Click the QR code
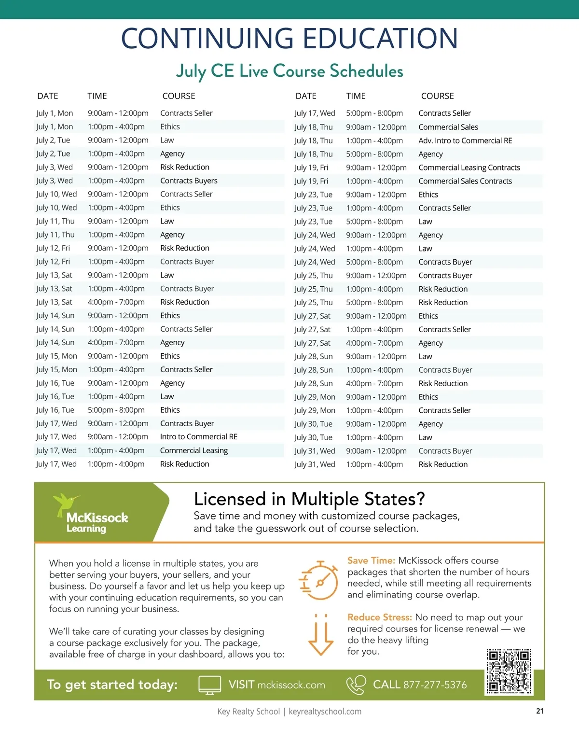point(509,671)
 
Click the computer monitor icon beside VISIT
point(210,685)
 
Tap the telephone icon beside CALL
point(356,685)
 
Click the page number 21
point(540,711)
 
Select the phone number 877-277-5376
point(435,685)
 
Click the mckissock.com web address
point(291,685)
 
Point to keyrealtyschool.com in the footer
point(325,712)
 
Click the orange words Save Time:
point(371,560)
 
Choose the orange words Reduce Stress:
point(379,617)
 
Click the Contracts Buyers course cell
point(189,181)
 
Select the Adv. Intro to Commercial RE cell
point(465,140)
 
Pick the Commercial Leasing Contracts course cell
point(469,168)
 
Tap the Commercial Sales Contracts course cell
point(465,181)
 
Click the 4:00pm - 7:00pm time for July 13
point(116,302)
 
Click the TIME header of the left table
point(97,96)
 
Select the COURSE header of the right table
point(437,96)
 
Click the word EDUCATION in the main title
point(380,39)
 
